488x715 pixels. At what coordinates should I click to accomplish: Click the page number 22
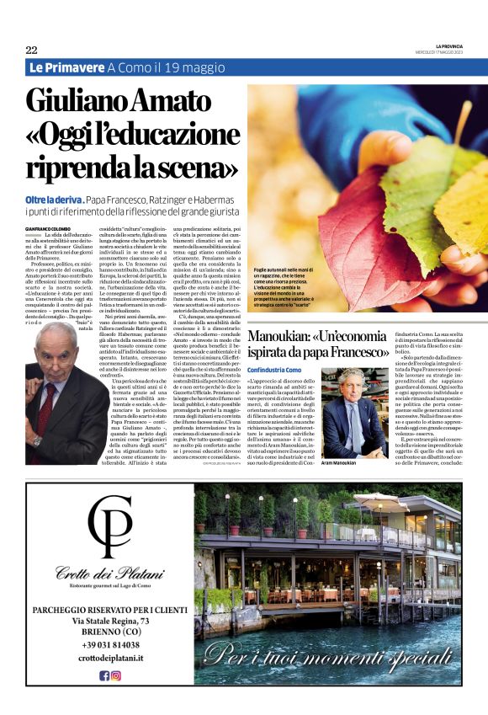(x=31, y=50)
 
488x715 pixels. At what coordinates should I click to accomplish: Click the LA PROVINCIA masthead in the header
(x=448, y=45)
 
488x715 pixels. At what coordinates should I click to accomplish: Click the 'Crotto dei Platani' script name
(x=113, y=575)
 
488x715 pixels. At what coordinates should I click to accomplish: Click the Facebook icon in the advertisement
(x=104, y=675)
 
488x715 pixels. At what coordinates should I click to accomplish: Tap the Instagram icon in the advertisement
(x=116, y=675)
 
